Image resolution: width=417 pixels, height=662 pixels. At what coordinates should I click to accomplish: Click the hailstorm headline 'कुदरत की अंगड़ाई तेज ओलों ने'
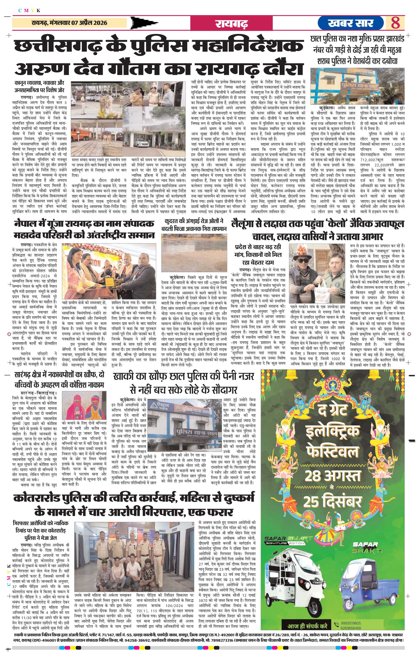click(x=194, y=221)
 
